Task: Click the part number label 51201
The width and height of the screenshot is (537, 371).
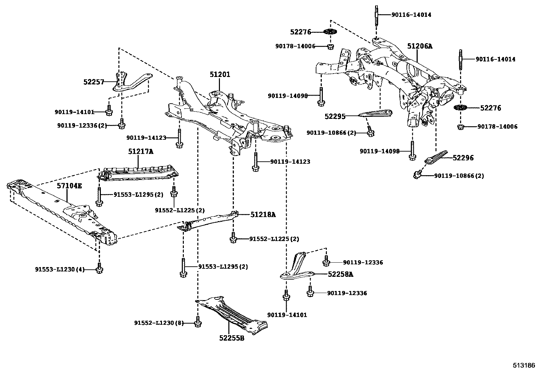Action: [x=220, y=75]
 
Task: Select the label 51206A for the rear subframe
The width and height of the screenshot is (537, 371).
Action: [x=419, y=46]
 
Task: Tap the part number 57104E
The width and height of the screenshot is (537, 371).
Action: [x=69, y=186]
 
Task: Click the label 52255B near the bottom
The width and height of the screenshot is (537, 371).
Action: [x=231, y=338]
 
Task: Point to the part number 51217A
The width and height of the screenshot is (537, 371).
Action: [x=140, y=152]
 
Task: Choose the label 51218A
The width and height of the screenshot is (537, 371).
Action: [x=263, y=214]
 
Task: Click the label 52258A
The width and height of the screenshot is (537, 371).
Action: [x=340, y=274]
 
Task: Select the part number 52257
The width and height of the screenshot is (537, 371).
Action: [x=93, y=81]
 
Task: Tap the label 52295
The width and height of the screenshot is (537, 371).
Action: [x=335, y=116]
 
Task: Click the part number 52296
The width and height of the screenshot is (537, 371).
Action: [x=463, y=158]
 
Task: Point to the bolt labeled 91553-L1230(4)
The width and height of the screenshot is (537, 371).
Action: [x=99, y=269]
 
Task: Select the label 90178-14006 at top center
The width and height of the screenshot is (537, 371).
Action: [x=295, y=46]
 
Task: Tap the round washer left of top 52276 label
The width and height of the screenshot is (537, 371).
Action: [x=330, y=32]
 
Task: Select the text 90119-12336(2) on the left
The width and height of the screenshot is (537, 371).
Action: [x=82, y=126]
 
